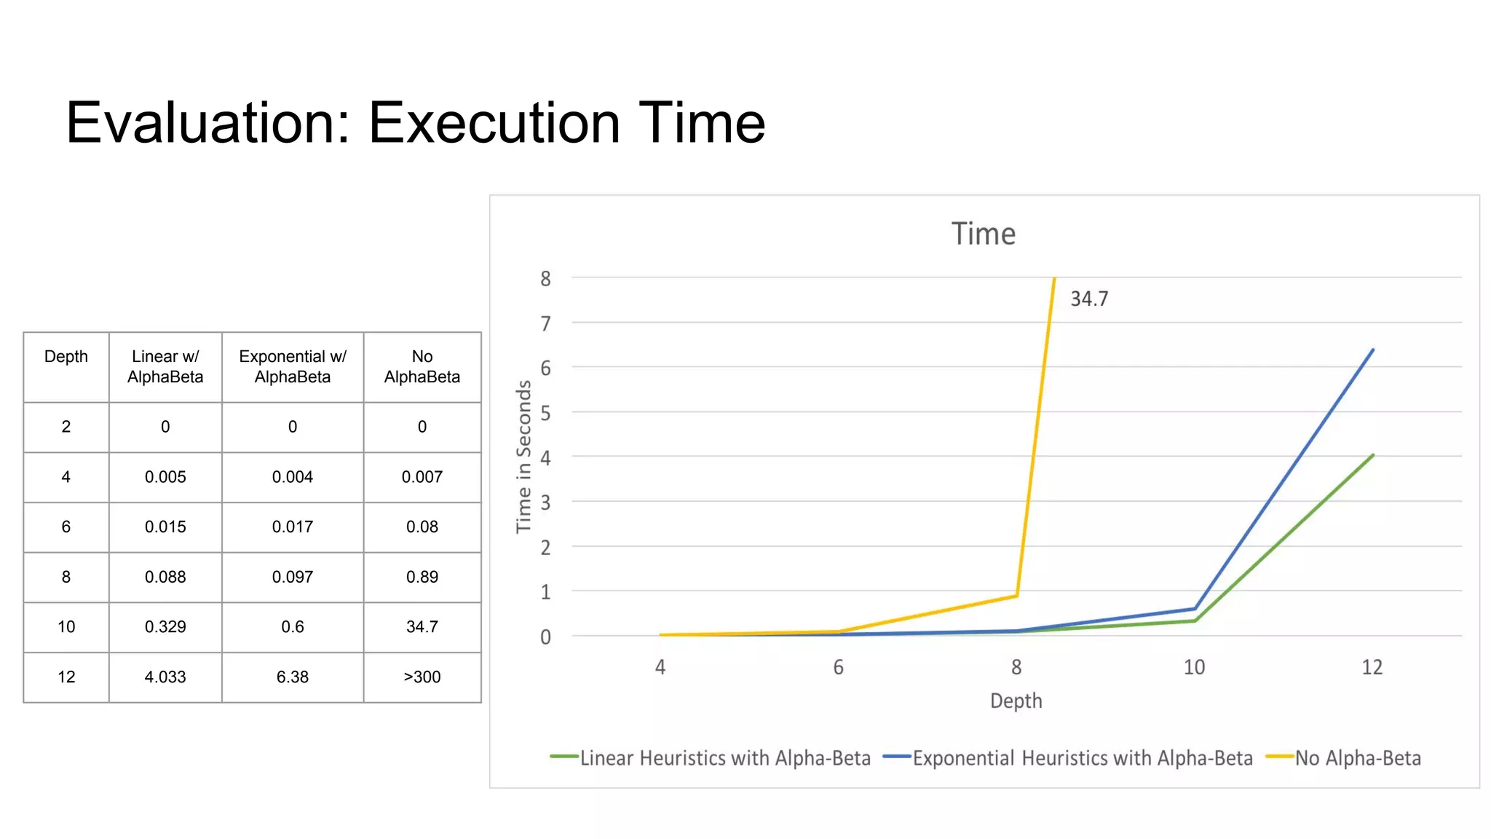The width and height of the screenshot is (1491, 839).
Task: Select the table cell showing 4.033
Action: pos(165,677)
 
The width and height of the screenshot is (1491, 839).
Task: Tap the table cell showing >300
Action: pos(422,677)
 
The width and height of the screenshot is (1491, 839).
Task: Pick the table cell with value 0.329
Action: pos(165,627)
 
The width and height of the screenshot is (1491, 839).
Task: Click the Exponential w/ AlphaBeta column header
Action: pos(293,367)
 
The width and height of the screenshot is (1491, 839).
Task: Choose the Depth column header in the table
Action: pos(66,357)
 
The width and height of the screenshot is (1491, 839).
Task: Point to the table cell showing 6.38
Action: pos(293,677)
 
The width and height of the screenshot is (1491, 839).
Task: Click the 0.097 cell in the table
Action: pos(293,577)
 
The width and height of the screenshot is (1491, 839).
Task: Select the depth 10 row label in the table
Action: pos(66,627)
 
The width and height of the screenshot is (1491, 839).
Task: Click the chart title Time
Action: pos(984,235)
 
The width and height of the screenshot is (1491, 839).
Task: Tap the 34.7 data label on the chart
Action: pos(1089,299)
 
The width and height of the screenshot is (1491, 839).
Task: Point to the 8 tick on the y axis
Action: pos(545,279)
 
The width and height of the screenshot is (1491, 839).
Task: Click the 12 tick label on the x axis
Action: pos(1372,667)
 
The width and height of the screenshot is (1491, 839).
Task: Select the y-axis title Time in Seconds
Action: pos(524,457)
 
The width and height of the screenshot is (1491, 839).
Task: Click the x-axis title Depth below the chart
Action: pos(1016,701)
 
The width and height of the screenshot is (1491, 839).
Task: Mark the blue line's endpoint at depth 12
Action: pos(1373,350)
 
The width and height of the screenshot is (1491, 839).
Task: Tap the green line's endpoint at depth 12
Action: pos(1373,455)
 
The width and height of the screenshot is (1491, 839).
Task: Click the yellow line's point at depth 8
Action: pos(1016,596)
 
